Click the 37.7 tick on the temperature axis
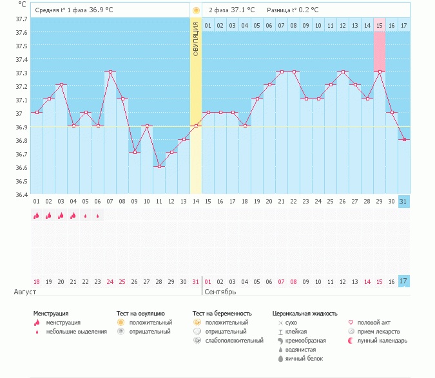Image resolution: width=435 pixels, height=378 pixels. pyautogui.click(x=21, y=19)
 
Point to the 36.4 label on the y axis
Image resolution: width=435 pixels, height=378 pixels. pyautogui.click(x=21, y=194)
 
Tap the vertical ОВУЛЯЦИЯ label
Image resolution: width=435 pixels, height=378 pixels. pyautogui.click(x=196, y=39)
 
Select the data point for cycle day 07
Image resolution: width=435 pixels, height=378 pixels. pyautogui.click(x=110, y=72)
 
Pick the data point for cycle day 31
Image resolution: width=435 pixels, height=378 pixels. pyautogui.click(x=404, y=140)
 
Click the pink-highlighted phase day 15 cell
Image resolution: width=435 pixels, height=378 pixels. pyautogui.click(x=380, y=25)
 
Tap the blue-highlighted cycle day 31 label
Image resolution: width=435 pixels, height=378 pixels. pyautogui.click(x=404, y=202)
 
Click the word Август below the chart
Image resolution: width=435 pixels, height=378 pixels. pyautogui.click(x=25, y=292)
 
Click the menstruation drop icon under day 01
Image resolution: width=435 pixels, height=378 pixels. pyautogui.click(x=36, y=216)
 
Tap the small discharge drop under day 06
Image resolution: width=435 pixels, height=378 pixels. pyautogui.click(x=97, y=216)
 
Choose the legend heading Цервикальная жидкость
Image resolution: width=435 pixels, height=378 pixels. pyautogui.click(x=305, y=314)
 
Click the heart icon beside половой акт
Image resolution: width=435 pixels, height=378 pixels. pyautogui.click(x=351, y=322)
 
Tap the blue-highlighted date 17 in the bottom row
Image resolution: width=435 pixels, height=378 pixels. pyautogui.click(x=404, y=281)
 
